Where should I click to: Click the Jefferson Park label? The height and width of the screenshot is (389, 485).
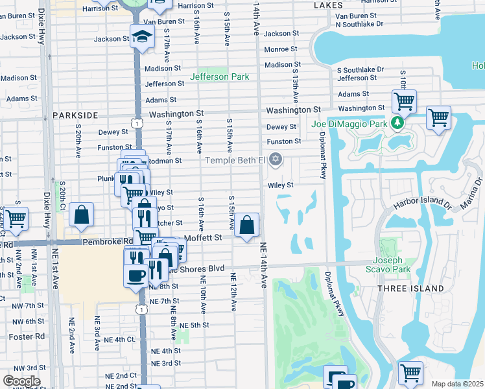tap(219, 77)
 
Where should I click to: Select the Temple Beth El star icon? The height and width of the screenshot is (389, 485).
tap(276, 159)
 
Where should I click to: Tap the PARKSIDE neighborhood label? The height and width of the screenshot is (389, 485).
tap(75, 115)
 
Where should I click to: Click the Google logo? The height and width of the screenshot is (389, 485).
tap(21, 381)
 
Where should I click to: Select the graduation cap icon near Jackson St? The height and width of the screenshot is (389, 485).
tap(140, 37)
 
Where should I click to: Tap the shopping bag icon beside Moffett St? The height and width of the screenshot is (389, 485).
tap(247, 226)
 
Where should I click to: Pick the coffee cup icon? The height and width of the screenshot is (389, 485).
tap(136, 274)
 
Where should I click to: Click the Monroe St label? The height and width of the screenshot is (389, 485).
tap(281, 49)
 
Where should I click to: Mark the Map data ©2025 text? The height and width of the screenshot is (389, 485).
tap(457, 384)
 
